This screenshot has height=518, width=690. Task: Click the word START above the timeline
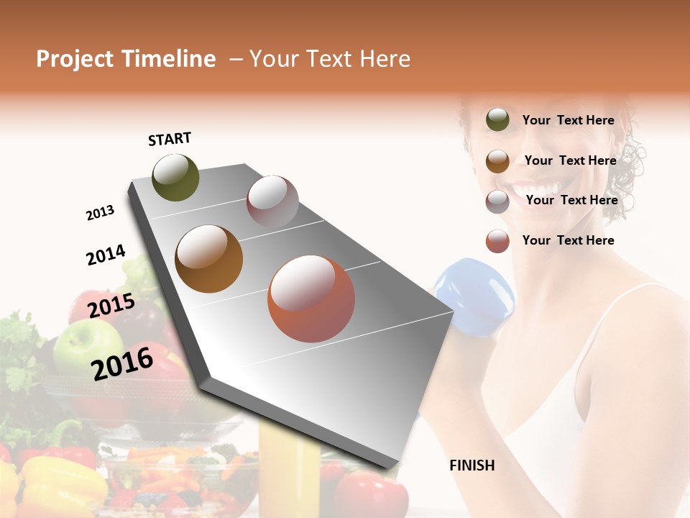pos(170,139)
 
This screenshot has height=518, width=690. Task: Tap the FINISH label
pos(471,465)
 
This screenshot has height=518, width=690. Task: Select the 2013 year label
pos(100,213)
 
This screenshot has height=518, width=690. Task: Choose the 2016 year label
pos(122,363)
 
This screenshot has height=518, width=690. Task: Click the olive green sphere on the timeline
pos(175,177)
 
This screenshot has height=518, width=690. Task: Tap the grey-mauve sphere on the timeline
pos(272,201)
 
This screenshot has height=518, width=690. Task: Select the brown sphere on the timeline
pos(208,259)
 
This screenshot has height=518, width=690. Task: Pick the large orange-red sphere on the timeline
pos(310,299)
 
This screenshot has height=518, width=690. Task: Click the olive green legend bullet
pos(497,120)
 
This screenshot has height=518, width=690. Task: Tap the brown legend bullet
pos(497,161)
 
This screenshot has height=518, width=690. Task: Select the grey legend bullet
pos(497,201)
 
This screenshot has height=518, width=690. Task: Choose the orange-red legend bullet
pos(497,241)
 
